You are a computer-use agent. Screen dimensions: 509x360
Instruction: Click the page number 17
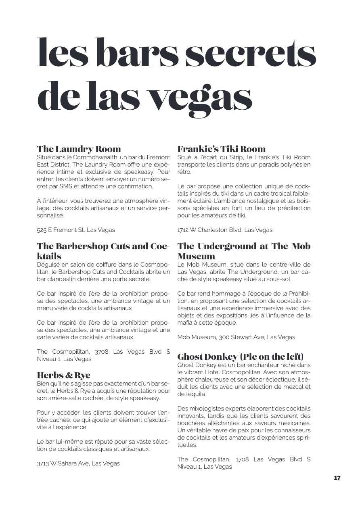(x=337, y=478)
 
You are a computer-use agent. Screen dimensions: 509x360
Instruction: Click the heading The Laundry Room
(x=79, y=149)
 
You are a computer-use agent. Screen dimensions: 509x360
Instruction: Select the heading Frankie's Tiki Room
(x=222, y=149)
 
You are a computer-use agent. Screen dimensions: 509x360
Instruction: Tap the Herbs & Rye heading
(x=63, y=375)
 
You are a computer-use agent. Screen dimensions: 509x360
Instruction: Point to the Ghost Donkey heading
(x=240, y=357)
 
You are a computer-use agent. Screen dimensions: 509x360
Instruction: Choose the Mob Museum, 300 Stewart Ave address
(x=236, y=337)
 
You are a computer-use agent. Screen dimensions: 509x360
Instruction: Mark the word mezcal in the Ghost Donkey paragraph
(x=292, y=387)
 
